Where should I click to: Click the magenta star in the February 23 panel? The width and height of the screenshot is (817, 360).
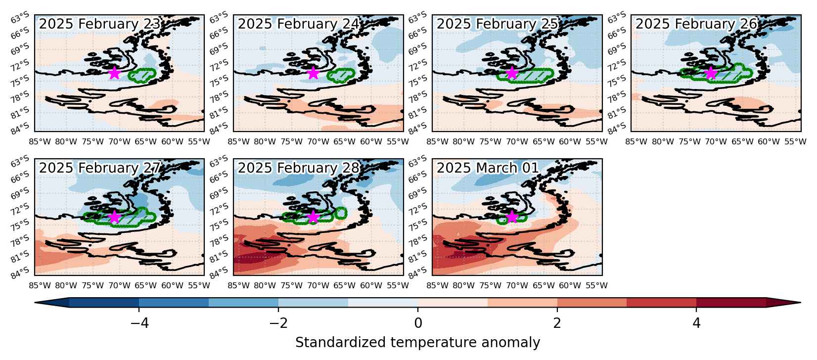[x=115, y=73]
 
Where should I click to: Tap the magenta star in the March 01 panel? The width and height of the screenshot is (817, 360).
[x=512, y=217]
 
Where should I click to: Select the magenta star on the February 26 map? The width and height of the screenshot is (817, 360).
[x=711, y=73]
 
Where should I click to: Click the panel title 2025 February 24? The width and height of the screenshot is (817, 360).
[x=299, y=24]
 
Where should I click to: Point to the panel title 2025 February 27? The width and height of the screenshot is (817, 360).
[x=99, y=168]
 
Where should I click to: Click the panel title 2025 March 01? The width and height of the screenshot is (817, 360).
[x=488, y=168]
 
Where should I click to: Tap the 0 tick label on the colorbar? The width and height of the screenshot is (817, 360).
[x=418, y=323]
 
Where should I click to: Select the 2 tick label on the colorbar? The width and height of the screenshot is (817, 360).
[x=557, y=323]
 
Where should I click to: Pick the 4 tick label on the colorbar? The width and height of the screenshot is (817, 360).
[x=696, y=323]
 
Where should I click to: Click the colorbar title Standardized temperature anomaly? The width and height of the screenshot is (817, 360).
[x=417, y=343]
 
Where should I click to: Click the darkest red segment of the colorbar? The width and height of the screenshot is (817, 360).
[x=731, y=303]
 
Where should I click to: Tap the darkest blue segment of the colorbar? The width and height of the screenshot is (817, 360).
[x=104, y=303]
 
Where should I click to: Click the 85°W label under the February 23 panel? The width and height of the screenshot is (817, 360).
[x=40, y=141]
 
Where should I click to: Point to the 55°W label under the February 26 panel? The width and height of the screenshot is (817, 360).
[x=795, y=141]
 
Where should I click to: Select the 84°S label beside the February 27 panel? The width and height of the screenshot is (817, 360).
[x=20, y=272]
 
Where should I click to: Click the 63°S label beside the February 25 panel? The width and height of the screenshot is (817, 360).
[x=417, y=17]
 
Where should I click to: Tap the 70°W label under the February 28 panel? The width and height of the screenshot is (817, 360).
[x=318, y=286]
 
